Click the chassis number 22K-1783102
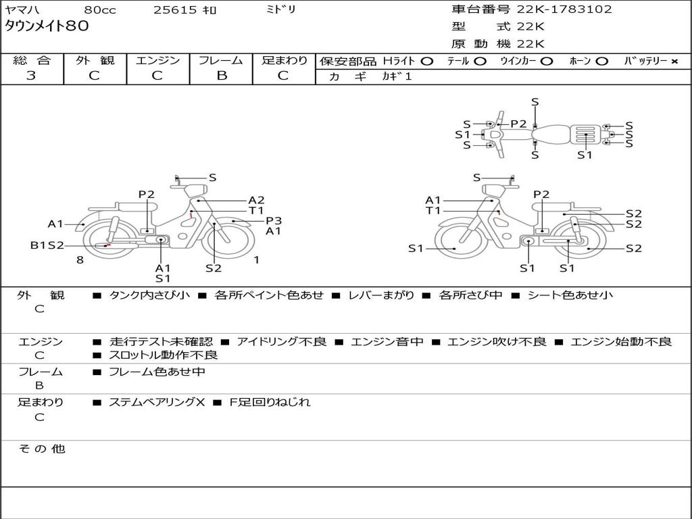pos(564,9)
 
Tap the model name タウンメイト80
pos(47,27)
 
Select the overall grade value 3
pos(31,76)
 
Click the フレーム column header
pos(221,60)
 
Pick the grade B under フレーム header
pos(221,76)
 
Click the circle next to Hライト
pos(426,61)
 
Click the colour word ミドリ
pos(281,9)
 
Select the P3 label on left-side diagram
pos(273,220)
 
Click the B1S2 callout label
pos(47,245)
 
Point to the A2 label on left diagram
pos(256,200)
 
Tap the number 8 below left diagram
pos(80,259)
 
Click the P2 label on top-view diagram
pos(518,124)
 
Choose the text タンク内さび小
pos(149,295)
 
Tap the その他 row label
pos(41,449)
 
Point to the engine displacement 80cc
pos(100,10)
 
